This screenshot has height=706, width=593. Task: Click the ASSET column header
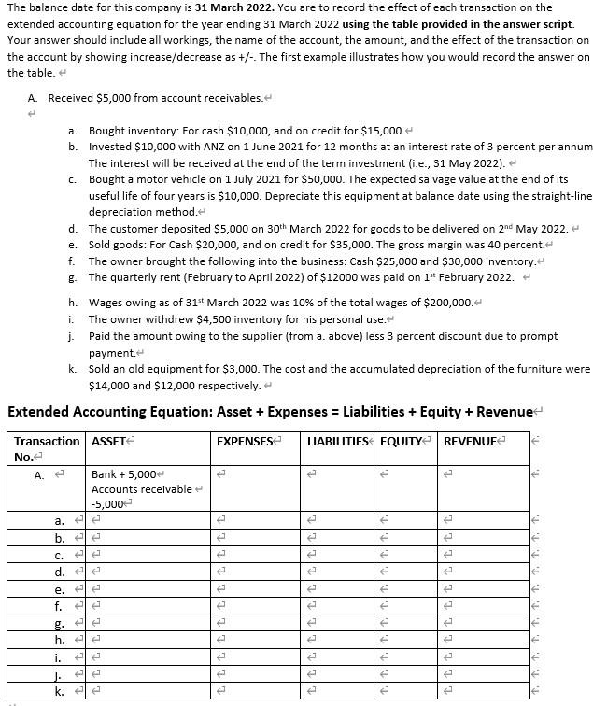pos(107,441)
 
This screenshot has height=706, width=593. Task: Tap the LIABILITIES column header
pos(337,441)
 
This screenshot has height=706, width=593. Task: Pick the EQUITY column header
pos(401,441)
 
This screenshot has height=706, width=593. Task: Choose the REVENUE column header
pos(472,441)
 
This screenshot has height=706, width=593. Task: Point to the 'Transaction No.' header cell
pos(47,448)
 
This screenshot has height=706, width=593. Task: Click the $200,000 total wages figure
pos(351,302)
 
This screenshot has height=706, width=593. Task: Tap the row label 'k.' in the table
pos(59,691)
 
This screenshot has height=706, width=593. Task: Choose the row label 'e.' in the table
pos(60,589)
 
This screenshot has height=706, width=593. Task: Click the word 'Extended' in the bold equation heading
pos(38,412)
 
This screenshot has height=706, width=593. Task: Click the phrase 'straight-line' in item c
pos(561,195)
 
